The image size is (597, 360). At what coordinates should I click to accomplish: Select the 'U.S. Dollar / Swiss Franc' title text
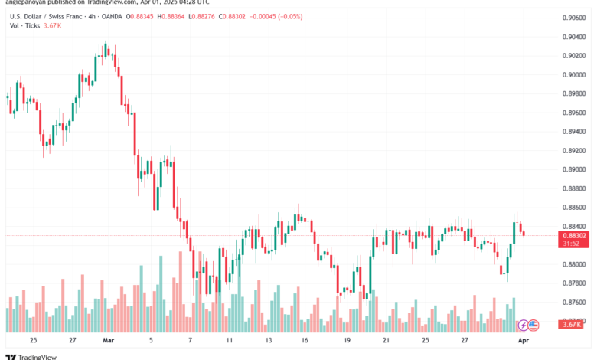[x=47, y=16]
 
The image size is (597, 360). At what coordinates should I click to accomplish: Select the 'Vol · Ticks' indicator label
[x=24, y=26]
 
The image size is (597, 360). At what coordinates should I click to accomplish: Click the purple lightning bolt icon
[x=524, y=325]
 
